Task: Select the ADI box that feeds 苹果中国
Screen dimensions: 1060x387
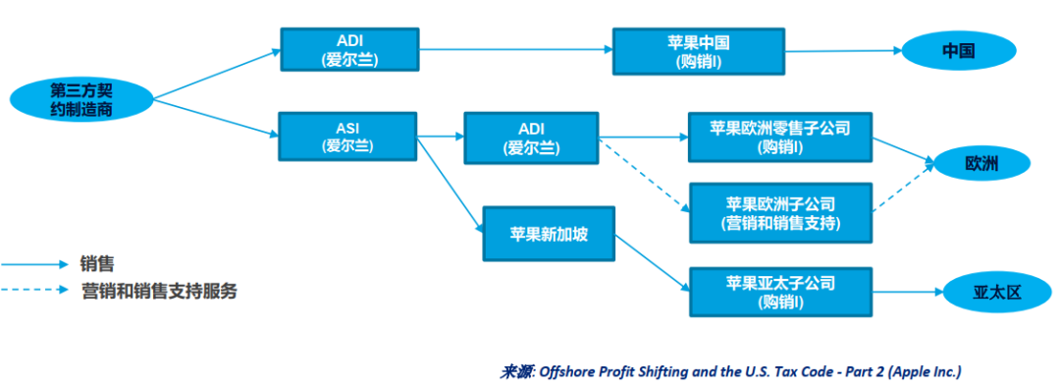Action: click(349, 49)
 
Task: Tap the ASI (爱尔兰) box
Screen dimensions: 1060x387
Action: click(347, 137)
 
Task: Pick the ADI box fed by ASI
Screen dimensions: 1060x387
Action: click(531, 138)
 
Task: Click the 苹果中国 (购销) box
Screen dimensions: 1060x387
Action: click(699, 51)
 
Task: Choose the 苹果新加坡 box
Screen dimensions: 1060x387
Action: click(549, 234)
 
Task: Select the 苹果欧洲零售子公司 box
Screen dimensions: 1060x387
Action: click(779, 138)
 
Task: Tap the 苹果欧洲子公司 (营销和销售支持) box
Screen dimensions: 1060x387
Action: click(780, 212)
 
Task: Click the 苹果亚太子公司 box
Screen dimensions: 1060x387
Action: click(780, 292)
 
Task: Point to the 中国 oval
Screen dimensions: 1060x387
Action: click(959, 51)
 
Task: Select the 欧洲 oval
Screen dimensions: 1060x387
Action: click(980, 164)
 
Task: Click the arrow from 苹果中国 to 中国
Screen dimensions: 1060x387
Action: click(843, 51)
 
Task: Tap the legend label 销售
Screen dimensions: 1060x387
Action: click(96, 263)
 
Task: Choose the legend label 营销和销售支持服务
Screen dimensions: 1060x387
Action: click(159, 291)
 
